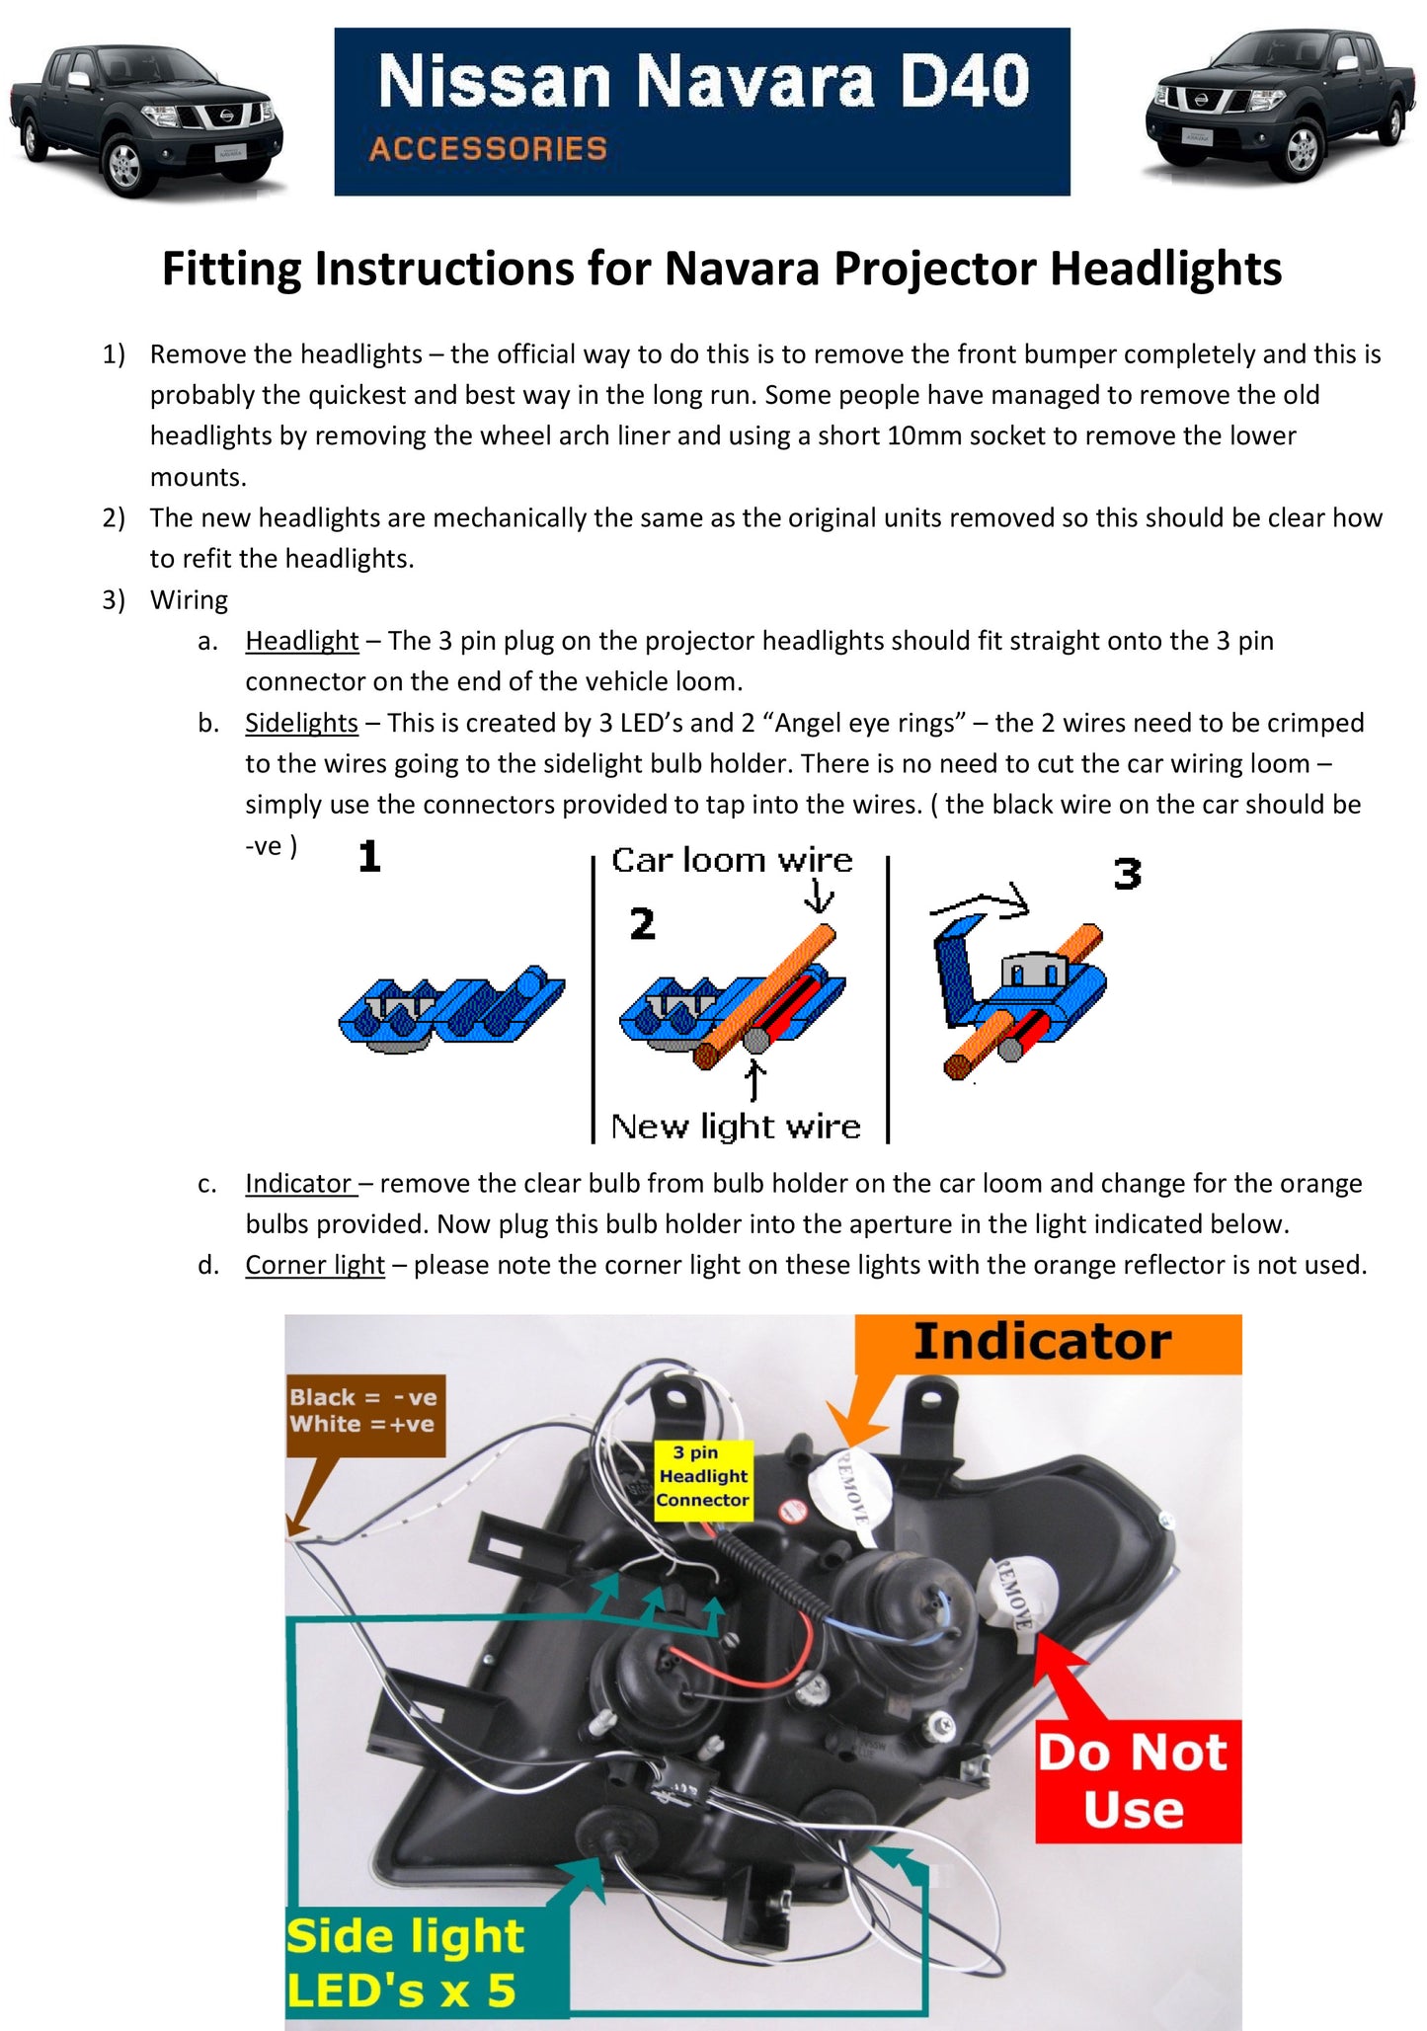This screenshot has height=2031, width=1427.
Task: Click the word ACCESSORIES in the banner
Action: pos(488,149)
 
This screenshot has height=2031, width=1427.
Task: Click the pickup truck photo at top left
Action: pos(146,119)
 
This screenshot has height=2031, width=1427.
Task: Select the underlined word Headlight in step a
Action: pos(301,641)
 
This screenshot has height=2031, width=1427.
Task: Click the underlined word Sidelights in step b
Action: pos(301,723)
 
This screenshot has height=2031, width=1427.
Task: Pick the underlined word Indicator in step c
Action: pos(298,1183)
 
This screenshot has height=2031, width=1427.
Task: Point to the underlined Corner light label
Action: pos(314,1265)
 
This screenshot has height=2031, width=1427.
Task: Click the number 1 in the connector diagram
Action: pos(369,856)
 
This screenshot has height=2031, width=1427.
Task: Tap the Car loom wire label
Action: pos(731,860)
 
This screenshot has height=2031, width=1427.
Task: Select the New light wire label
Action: pos(735,1127)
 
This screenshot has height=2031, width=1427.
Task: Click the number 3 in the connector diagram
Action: pos(1127,874)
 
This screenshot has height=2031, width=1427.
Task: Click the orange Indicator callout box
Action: pos(1043,1343)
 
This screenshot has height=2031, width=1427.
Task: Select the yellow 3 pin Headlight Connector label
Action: pos(703,1476)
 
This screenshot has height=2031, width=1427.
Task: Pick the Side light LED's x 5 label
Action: pos(405,1962)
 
